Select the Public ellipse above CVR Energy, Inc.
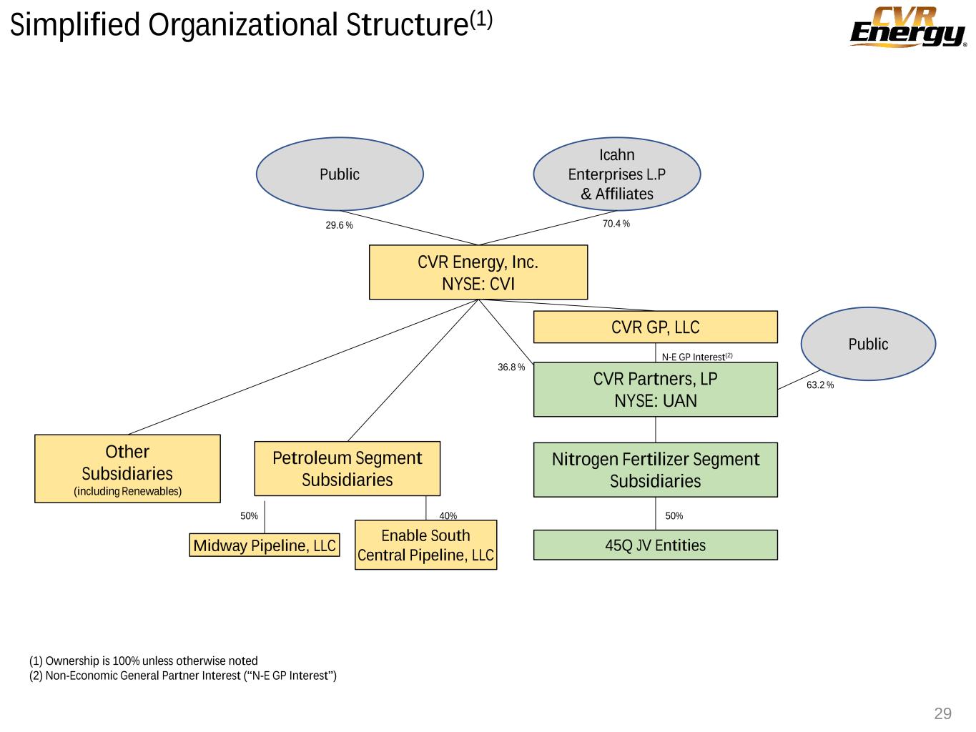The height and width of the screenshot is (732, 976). (x=340, y=174)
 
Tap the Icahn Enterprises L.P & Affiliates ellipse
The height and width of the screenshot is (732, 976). (x=616, y=174)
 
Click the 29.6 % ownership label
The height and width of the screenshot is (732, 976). (x=340, y=225)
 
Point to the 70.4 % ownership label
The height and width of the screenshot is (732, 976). (x=616, y=224)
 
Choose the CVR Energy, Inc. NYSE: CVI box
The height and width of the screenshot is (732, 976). (x=478, y=272)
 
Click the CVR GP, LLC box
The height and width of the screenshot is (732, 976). (x=655, y=327)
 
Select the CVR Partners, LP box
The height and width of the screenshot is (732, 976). (x=655, y=390)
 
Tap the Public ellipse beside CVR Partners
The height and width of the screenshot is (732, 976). (x=868, y=344)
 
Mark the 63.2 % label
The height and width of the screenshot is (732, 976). (x=820, y=385)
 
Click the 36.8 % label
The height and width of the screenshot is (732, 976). (x=511, y=367)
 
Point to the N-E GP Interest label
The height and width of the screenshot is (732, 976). (x=697, y=357)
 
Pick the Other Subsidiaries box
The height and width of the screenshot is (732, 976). (x=127, y=469)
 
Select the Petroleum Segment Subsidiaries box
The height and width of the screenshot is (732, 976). (x=347, y=469)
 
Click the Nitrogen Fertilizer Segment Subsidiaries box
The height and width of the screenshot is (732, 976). (x=655, y=470)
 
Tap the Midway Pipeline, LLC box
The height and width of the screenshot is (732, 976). (x=265, y=545)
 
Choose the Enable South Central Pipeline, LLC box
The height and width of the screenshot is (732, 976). (x=425, y=545)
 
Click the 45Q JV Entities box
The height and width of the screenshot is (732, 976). (x=655, y=545)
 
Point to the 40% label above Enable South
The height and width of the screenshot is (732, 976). (x=448, y=516)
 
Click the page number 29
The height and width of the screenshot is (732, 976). (x=943, y=713)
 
